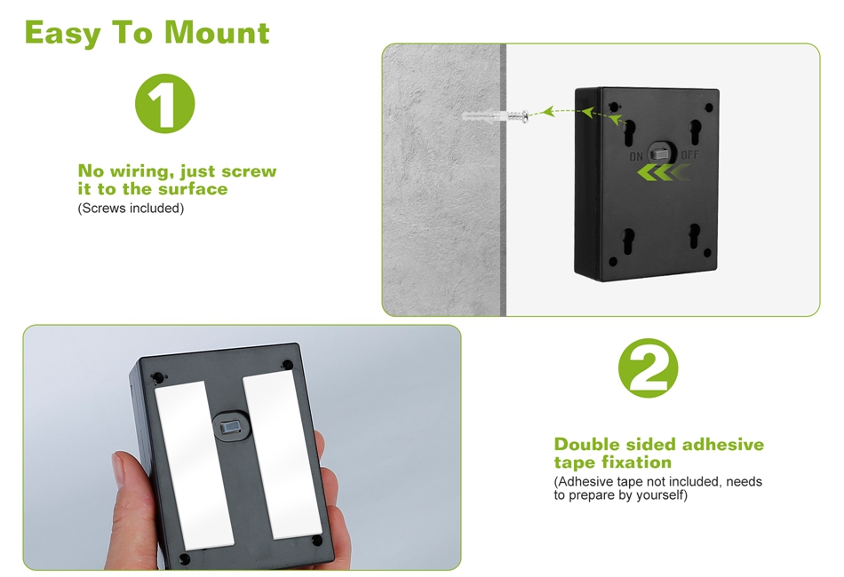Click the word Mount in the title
coord(217,33)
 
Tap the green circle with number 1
coord(164,103)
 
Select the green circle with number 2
coord(648,368)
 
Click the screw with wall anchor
coord(495,115)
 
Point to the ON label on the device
coord(636,156)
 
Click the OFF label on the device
coord(689,154)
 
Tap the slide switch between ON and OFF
coord(661,153)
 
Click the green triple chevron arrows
coord(663,173)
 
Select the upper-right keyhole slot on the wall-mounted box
coord(696,132)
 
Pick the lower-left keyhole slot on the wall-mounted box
coord(629,241)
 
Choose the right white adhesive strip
coord(282,454)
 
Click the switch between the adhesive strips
coord(232,427)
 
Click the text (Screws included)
coord(131,208)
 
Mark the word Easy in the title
coord(62,34)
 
